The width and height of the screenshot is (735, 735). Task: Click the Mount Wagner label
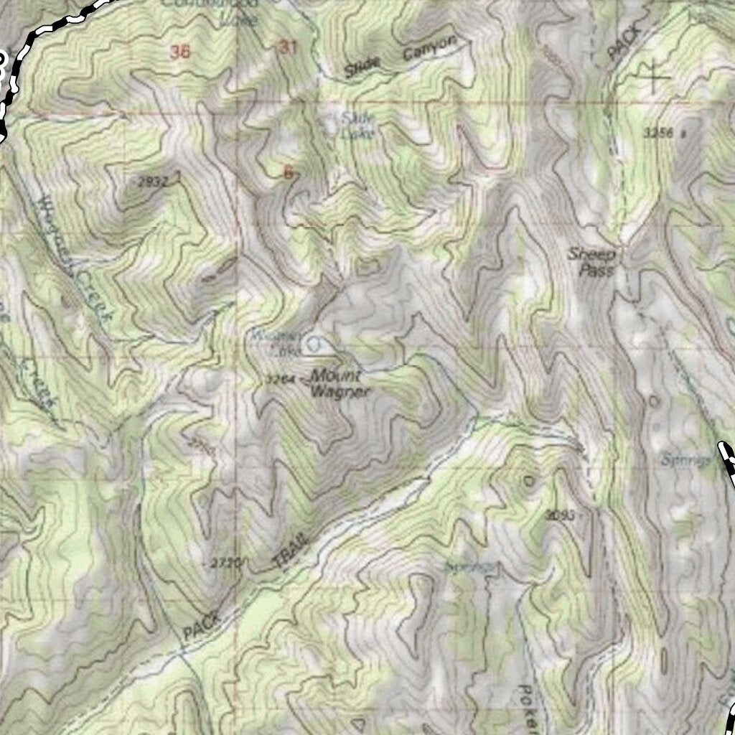[x=340, y=384]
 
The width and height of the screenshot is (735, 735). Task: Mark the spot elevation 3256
[x=659, y=133]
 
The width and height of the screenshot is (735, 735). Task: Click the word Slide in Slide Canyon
[x=361, y=69]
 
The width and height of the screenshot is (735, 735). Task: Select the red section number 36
[x=181, y=51]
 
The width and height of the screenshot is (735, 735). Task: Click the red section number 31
[x=288, y=47]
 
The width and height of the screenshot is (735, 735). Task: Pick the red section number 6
[x=289, y=172]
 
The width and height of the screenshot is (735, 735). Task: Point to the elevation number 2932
[x=151, y=182]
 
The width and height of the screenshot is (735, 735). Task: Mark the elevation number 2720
[x=227, y=563]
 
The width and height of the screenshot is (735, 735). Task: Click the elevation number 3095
[x=560, y=514]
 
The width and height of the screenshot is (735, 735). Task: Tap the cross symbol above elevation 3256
[x=653, y=75]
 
